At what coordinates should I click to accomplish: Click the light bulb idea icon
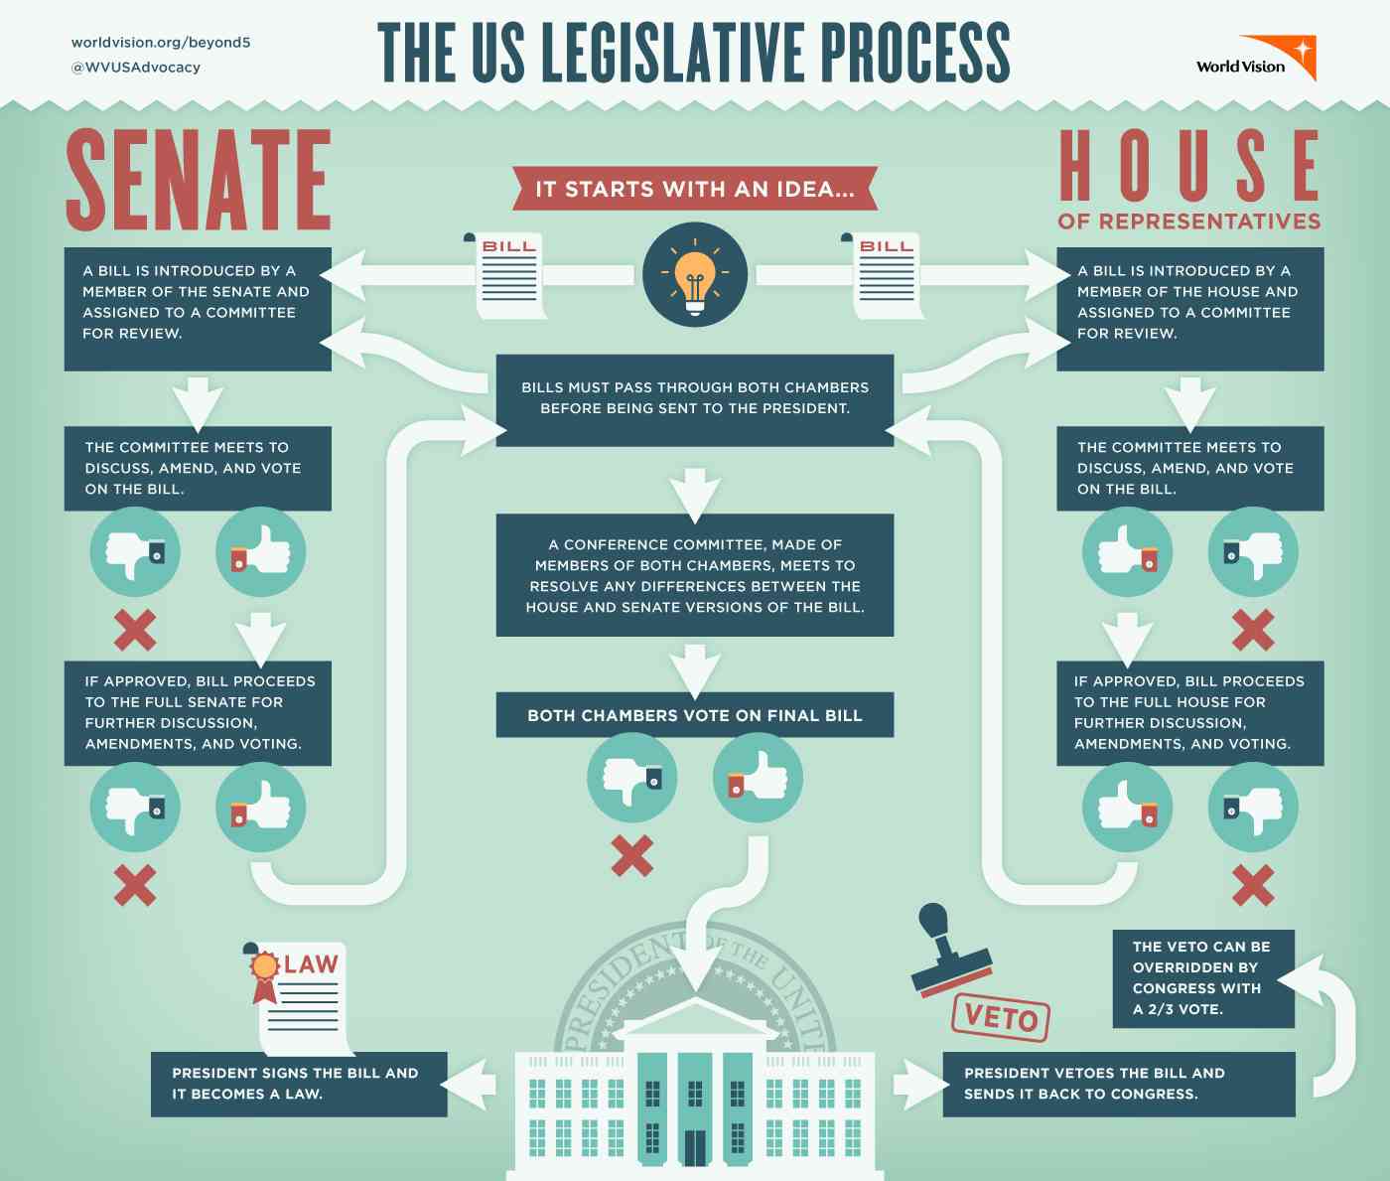pos(694,273)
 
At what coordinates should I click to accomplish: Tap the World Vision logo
pos(1257,61)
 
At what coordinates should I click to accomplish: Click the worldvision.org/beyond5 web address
pos(161,43)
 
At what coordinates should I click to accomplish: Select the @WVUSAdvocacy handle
pos(136,68)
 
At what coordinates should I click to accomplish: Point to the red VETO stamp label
pos(1001,1017)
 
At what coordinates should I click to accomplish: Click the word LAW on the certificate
pos(312,964)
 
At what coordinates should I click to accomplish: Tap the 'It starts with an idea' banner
pos(695,189)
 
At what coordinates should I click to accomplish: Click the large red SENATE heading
pos(199,180)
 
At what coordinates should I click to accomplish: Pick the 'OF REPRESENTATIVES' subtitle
pos(1189,221)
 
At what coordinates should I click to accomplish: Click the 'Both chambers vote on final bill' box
pos(695,715)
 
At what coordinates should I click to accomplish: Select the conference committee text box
pos(695,575)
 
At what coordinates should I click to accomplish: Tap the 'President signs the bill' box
pos(299,1084)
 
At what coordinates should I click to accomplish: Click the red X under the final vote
pos(632,855)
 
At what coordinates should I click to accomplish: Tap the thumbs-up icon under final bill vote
pos(758,777)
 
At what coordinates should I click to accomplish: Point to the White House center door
pos(695,1146)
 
